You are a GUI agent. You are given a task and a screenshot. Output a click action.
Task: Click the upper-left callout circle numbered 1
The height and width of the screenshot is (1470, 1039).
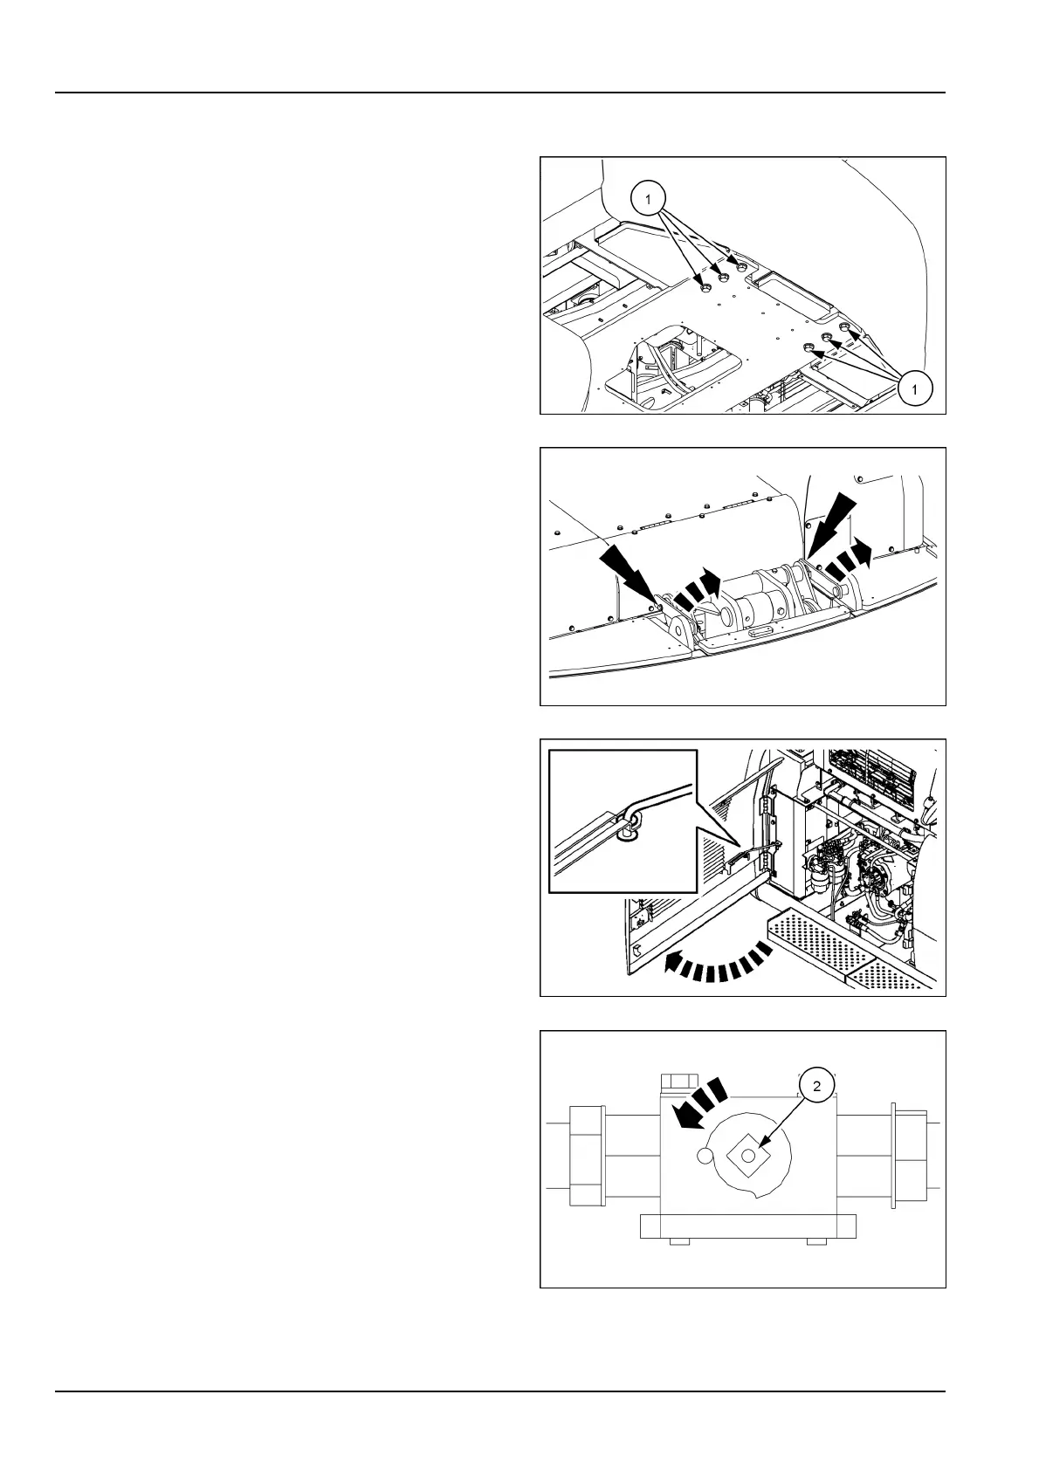coord(648,200)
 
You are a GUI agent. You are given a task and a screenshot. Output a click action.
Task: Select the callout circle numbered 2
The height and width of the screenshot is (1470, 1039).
coord(817,1087)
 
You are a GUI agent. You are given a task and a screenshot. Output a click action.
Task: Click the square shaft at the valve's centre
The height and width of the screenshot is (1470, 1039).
coord(748,1156)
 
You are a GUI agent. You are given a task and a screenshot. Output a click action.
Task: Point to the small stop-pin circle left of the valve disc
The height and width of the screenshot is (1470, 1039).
coord(705,1156)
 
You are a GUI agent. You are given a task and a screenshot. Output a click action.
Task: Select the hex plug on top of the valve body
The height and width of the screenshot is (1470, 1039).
coord(677,1084)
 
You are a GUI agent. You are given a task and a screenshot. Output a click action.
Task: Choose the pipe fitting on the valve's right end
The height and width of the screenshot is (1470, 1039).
coord(903,1156)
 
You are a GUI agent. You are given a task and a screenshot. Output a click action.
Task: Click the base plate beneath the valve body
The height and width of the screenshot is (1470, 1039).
coord(747,1226)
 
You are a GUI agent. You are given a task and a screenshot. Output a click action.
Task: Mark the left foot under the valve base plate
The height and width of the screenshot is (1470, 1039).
coord(677,1241)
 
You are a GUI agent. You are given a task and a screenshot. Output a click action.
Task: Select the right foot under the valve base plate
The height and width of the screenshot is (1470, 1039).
coord(817,1241)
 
